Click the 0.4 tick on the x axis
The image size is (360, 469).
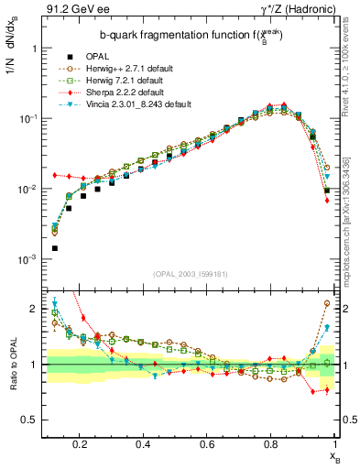coord(143,445)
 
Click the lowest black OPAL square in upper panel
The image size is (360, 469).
coord(55,248)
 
